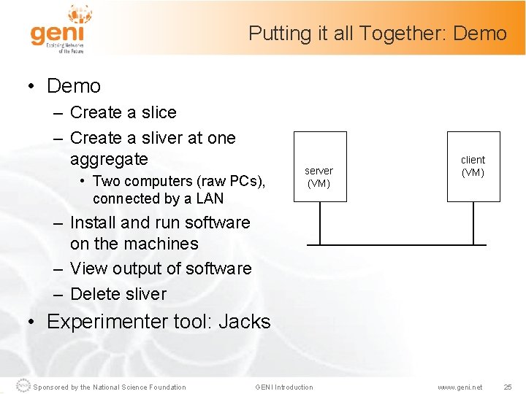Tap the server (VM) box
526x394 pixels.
pyautogui.click(x=319, y=175)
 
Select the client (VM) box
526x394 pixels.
pyautogui.click(x=473, y=166)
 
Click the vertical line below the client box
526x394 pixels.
pyautogui.click(x=473, y=223)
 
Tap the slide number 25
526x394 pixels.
pyautogui.click(x=508, y=387)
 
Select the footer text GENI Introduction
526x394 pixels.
pyautogui.click(x=283, y=387)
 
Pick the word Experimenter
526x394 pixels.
pyautogui.click(x=101, y=322)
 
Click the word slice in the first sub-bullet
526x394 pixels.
pyautogui.click(x=159, y=112)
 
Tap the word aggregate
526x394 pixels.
pyautogui.click(x=109, y=159)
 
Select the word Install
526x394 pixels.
pyautogui.click(x=93, y=223)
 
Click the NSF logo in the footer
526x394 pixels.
pyautogui.click(x=24, y=386)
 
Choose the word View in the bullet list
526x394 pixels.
pyautogui.click(x=89, y=269)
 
